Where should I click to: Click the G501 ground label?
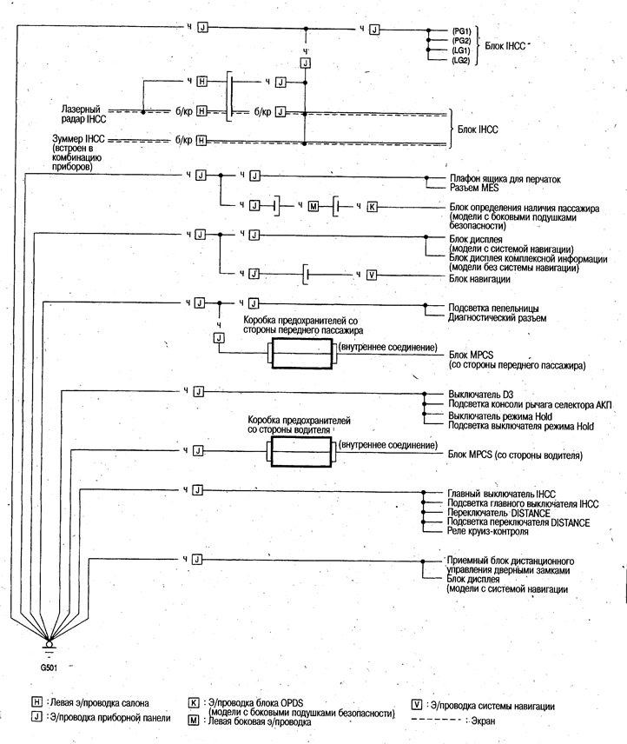coord(49,668)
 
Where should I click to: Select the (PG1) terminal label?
coord(461,31)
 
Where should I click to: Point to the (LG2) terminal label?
coord(460,60)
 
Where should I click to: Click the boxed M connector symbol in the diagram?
coord(313,206)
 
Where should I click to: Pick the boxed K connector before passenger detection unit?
coord(373,207)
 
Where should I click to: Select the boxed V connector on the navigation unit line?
coord(372,275)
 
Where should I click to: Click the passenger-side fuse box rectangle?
coord(302,354)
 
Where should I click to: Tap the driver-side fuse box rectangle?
coord(301,452)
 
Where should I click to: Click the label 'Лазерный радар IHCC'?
coord(83,115)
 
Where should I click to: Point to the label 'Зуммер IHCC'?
coord(78,139)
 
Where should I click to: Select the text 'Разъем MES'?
coord(474,188)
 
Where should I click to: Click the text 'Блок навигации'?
coord(479,279)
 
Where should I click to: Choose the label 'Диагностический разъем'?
coord(497,318)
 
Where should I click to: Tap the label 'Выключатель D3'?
coord(480,395)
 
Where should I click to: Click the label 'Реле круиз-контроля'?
coord(488,531)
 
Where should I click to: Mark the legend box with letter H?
coord(36,702)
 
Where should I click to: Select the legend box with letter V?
coord(416,705)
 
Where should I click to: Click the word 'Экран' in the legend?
coord(484,721)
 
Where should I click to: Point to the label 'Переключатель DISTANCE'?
coord(498,513)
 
